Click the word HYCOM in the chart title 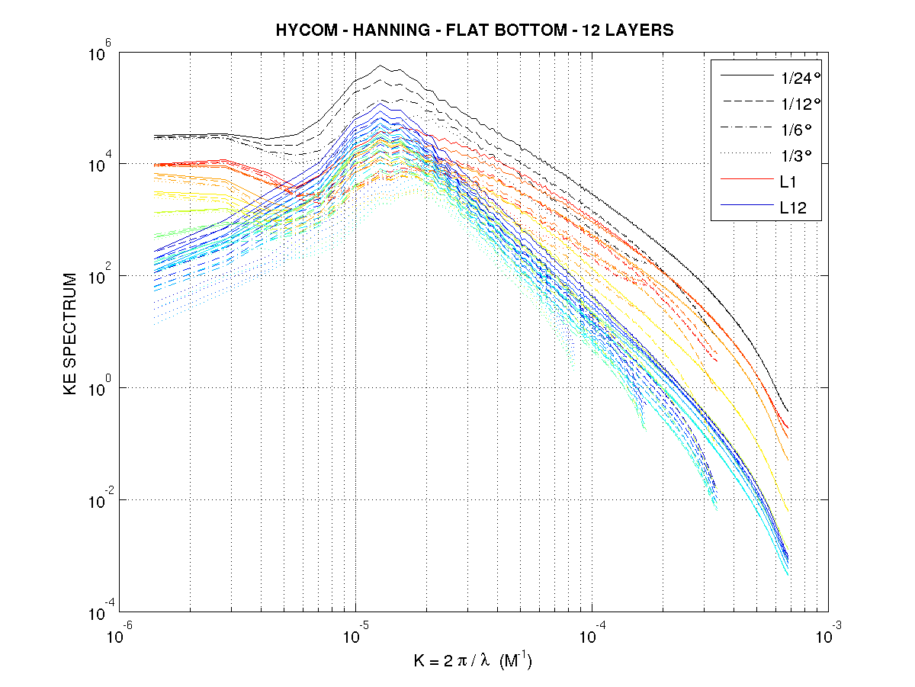click(x=300, y=31)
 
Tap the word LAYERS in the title click(x=647, y=31)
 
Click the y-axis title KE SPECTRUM click(x=70, y=333)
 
